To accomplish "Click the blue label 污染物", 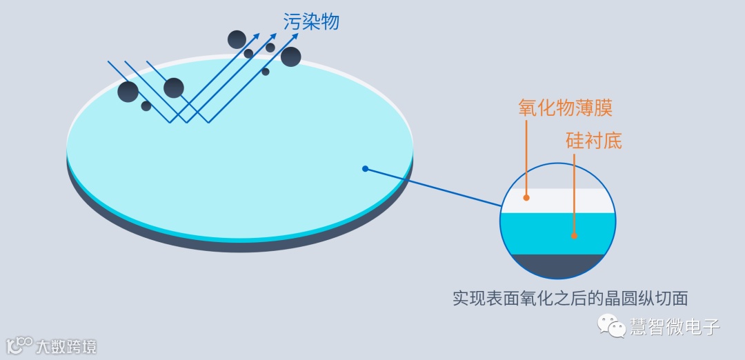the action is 311,21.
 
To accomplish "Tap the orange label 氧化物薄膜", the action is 565,108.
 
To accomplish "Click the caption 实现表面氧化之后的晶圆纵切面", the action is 570,299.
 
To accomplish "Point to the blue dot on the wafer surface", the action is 365,168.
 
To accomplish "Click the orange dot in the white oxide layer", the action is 526,197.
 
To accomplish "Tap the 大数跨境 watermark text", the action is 66,346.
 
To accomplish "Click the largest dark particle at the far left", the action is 128,92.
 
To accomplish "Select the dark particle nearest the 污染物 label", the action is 291,57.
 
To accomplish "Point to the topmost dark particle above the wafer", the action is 237,39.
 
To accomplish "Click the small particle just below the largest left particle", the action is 146,106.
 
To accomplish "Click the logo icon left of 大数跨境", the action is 20,344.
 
